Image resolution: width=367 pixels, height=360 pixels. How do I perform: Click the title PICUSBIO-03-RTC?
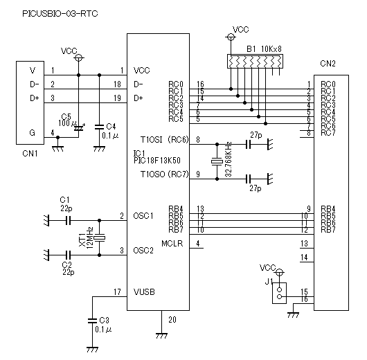coord(60,14)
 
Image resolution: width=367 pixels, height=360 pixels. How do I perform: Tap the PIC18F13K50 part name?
coord(157,161)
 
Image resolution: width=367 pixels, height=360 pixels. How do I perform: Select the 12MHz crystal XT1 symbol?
coord(100,238)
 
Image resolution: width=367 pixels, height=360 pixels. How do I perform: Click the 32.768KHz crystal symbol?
coord(217,161)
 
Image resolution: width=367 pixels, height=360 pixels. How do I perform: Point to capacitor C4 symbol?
coord(99,127)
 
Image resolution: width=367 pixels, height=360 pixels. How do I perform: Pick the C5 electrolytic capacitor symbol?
coord(79,128)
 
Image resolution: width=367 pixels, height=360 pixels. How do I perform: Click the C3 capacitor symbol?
coord(92,321)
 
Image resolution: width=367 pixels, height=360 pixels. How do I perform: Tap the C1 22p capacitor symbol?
coord(68,220)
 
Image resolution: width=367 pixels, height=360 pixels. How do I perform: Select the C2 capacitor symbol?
coord(68,255)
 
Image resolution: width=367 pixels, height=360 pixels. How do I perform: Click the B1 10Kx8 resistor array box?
coord(255,62)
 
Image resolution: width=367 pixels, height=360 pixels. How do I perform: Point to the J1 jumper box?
coord(279,294)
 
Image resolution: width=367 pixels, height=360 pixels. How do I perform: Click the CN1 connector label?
coord(30,154)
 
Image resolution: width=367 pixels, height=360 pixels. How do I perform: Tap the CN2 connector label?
coord(328,64)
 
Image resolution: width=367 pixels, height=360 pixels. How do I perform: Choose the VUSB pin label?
coord(144,292)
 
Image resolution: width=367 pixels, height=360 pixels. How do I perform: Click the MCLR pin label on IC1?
coord(172,244)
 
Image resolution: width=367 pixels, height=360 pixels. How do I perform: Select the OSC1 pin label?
coord(143,216)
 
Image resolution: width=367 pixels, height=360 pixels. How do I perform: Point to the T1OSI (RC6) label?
coord(164,140)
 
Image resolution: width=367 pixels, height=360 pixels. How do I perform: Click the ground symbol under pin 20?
coord(161,336)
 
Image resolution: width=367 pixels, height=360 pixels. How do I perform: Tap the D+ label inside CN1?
coord(35,98)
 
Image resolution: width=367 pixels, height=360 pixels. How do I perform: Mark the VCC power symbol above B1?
coord(231,37)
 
